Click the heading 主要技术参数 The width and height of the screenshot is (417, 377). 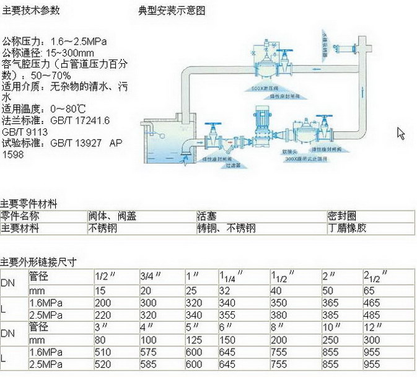click(x=30, y=11)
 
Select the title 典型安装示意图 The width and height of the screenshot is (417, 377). click(x=172, y=11)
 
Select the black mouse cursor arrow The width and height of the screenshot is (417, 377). click(x=401, y=133)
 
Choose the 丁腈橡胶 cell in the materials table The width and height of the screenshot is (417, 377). click(x=347, y=228)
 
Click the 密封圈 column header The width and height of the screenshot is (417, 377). click(x=342, y=216)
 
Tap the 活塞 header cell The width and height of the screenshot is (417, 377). click(x=206, y=216)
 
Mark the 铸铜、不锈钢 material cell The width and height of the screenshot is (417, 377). click(x=226, y=228)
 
